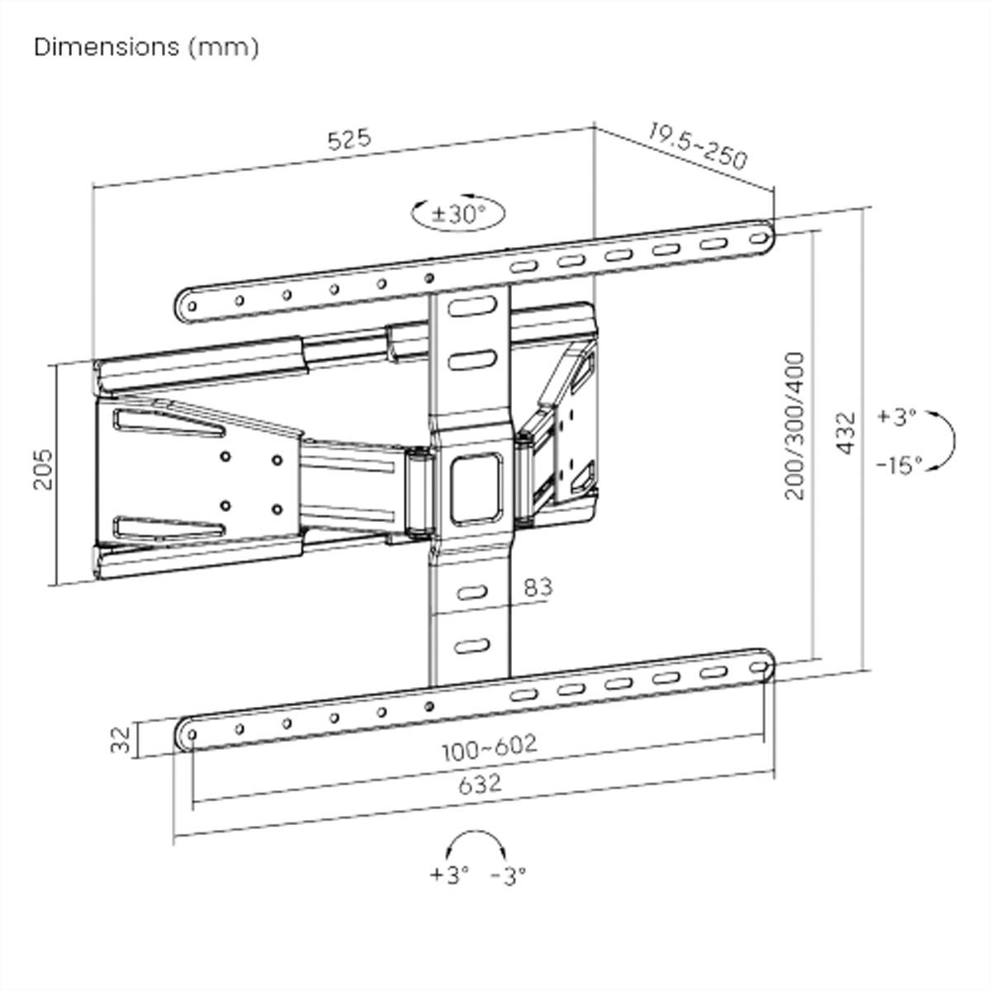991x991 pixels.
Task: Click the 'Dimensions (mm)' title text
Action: (x=146, y=47)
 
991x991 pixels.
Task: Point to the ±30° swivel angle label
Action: (x=458, y=214)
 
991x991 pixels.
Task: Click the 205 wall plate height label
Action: (x=43, y=469)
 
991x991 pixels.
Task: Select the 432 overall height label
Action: (x=846, y=432)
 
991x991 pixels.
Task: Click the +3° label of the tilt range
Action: (x=897, y=416)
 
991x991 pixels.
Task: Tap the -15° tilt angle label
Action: (x=899, y=466)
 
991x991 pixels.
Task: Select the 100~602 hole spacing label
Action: (x=489, y=747)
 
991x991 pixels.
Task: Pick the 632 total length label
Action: (x=479, y=782)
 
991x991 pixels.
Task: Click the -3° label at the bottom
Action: (x=508, y=874)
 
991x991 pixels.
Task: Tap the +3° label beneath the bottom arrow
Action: (x=449, y=874)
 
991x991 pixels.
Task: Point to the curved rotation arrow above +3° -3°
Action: (x=475, y=844)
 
